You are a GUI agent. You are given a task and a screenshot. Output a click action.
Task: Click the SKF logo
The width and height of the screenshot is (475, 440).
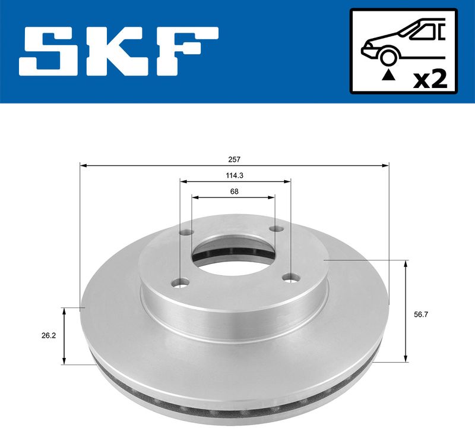(x=118, y=52)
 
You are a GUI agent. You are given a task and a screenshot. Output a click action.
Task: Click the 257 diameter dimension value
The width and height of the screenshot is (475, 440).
(x=233, y=159)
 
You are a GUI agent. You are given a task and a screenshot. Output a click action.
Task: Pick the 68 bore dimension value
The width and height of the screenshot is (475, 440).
(x=233, y=191)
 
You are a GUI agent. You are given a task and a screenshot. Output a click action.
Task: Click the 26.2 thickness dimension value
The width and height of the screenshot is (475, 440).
(x=49, y=336)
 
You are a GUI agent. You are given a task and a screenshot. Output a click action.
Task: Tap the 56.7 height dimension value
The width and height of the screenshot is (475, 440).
(x=420, y=315)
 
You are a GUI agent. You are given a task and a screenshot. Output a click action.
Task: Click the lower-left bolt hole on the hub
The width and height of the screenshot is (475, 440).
(x=180, y=282)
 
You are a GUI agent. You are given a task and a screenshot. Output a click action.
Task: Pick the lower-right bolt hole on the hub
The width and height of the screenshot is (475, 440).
(x=290, y=277)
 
